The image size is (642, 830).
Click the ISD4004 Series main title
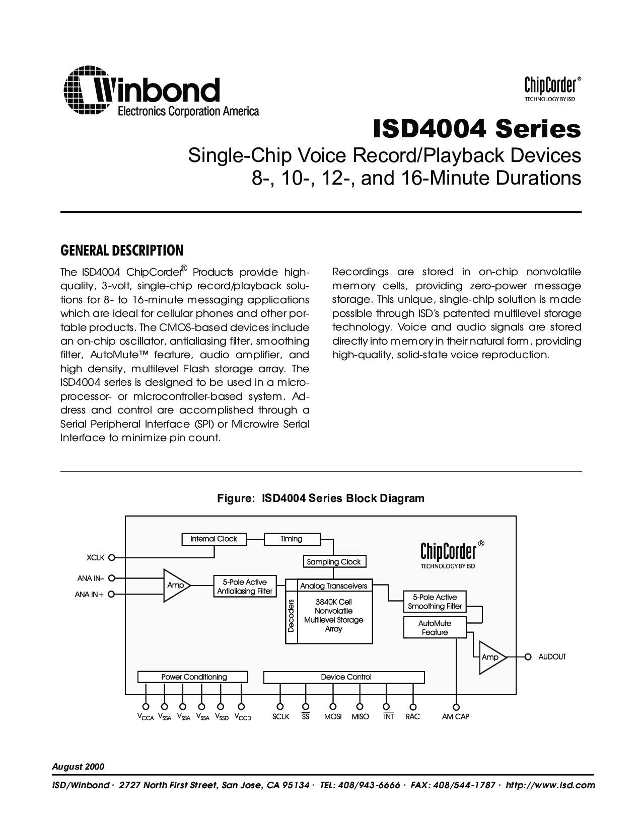click(476, 129)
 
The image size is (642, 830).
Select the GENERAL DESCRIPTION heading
click(121, 250)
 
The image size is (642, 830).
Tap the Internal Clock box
click(213, 539)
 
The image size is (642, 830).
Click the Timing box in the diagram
click(292, 539)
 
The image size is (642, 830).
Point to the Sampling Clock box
click(334, 561)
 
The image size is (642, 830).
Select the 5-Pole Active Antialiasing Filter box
click(245, 587)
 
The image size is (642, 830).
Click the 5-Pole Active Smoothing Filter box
click(435, 602)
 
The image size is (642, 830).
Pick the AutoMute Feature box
click(435, 628)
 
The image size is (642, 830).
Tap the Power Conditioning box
click(193, 677)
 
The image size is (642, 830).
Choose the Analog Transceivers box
click(334, 586)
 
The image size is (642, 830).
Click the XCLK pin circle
click(112, 557)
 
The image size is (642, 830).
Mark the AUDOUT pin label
click(552, 656)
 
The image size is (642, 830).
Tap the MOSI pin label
click(333, 716)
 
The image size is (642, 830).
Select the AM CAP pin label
click(455, 716)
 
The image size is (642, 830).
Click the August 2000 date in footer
click(78, 767)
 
